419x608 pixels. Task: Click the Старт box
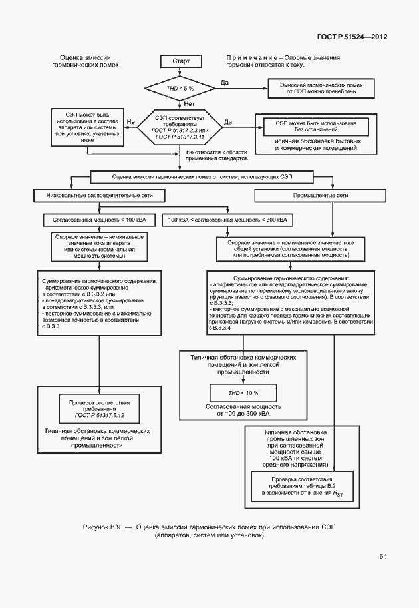pos(181,61)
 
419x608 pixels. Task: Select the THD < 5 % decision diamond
pos(180,88)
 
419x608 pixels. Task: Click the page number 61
pos(384,556)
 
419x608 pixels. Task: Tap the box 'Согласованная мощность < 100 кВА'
pos(98,219)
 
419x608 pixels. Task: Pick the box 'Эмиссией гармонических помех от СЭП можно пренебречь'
pos(320,88)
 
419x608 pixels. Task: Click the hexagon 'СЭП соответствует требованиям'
pos(180,124)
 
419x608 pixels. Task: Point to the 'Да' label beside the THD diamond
pos(224,82)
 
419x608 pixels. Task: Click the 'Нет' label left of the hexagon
pos(131,122)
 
